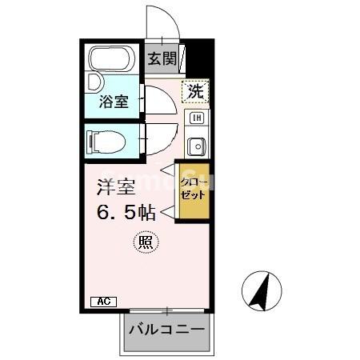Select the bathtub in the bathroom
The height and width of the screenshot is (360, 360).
(x=113, y=61)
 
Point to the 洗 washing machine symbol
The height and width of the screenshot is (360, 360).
(x=195, y=92)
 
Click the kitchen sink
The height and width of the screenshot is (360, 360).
(x=195, y=146)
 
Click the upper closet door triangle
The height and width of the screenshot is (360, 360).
(x=167, y=170)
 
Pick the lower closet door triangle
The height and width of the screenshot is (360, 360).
(x=167, y=211)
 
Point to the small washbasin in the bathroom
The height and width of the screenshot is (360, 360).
(x=94, y=82)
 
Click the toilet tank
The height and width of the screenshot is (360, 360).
(x=90, y=142)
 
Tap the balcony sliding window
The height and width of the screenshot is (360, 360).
(x=166, y=310)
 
